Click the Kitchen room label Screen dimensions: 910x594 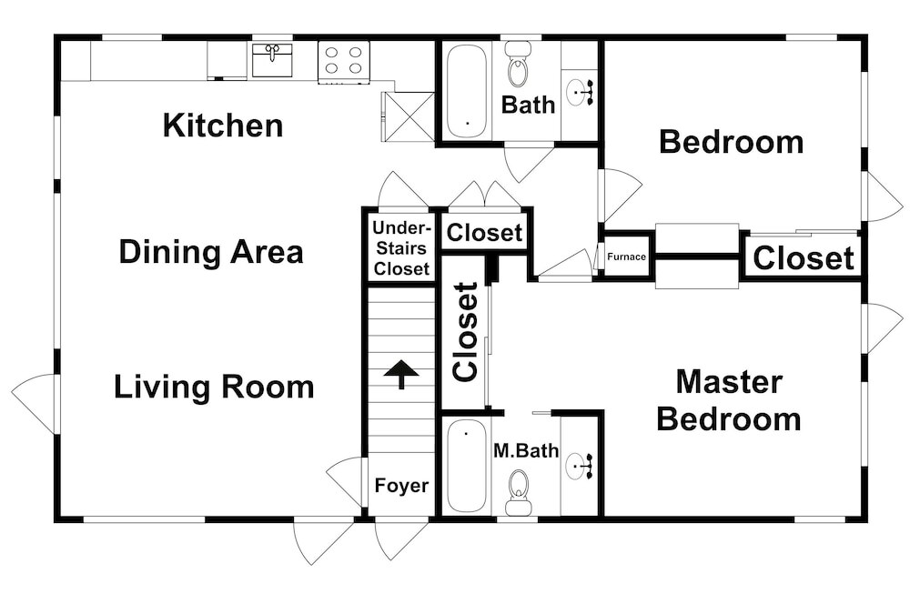tap(223, 126)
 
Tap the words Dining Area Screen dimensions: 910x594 tap(211, 252)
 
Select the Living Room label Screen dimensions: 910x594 tap(214, 387)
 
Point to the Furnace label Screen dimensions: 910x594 tap(626, 257)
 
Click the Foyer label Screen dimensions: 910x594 tap(401, 486)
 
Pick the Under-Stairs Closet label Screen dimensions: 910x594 tap(401, 247)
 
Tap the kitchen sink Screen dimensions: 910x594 tap(273, 59)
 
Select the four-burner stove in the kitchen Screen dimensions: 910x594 tap(344, 60)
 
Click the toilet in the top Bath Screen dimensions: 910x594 tap(518, 65)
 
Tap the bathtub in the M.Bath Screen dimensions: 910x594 tap(467, 466)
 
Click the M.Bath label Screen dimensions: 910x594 tap(526, 450)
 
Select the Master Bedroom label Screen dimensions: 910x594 tap(729, 400)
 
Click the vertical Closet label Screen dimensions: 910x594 tap(465, 332)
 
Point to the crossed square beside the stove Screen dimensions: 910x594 tap(409, 116)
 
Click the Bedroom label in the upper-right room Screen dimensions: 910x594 tap(732, 142)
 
